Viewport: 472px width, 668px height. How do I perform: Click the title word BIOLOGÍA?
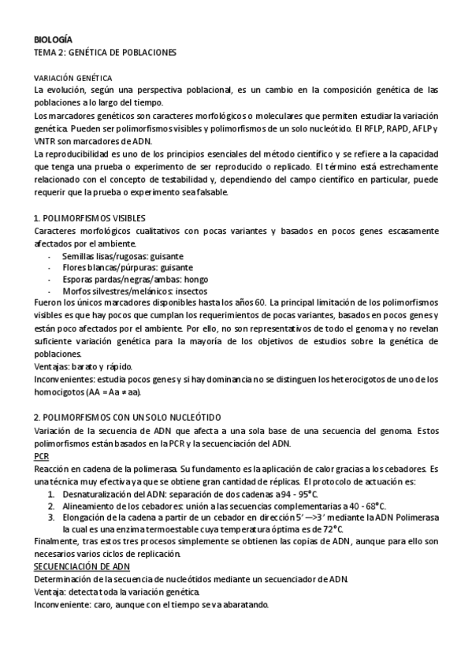coord(53,39)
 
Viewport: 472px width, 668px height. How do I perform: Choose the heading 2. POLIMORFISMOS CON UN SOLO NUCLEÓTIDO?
coord(128,417)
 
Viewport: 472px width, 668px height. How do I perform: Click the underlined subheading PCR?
coord(42,455)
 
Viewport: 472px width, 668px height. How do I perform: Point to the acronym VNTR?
coord(46,140)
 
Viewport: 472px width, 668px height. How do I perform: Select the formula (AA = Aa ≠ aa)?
coord(119,392)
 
